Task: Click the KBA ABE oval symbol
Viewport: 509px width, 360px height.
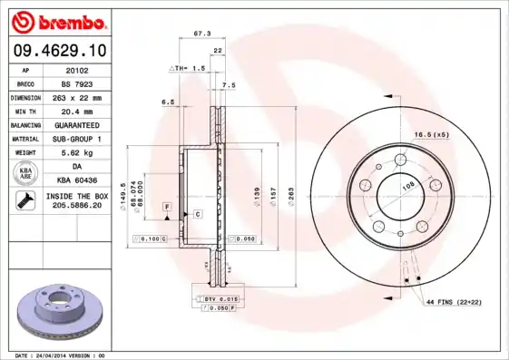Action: [x=25, y=174]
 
